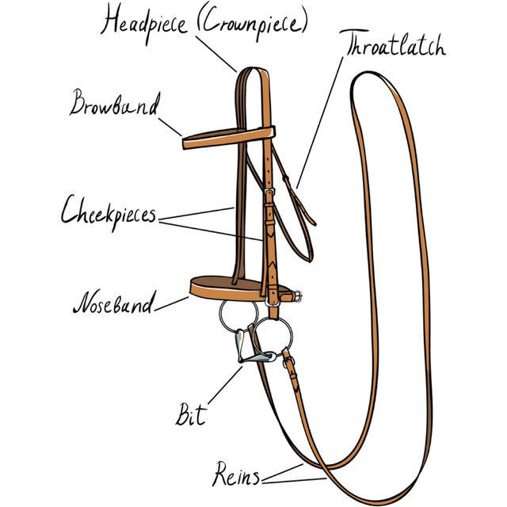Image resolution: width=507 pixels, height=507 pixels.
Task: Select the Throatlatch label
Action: [393, 44]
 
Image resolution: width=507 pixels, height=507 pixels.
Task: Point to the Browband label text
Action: [115, 103]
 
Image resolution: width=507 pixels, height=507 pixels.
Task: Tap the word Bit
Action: [191, 414]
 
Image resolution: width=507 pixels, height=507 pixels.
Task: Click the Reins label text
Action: [236, 475]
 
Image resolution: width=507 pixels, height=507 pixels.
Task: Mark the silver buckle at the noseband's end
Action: [298, 295]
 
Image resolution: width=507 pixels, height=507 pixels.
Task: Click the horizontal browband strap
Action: [229, 138]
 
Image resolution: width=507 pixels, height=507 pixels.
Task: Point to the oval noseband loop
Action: [210, 294]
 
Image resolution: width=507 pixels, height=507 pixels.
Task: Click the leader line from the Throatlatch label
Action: [319, 122]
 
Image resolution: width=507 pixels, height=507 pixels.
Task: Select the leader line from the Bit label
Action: [225, 385]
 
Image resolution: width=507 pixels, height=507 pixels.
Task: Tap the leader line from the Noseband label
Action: [171, 304]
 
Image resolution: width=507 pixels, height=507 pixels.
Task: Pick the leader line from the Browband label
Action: [170, 127]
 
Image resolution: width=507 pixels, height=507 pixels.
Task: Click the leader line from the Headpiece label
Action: [216, 54]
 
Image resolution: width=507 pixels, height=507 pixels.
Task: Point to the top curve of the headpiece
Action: [253, 68]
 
